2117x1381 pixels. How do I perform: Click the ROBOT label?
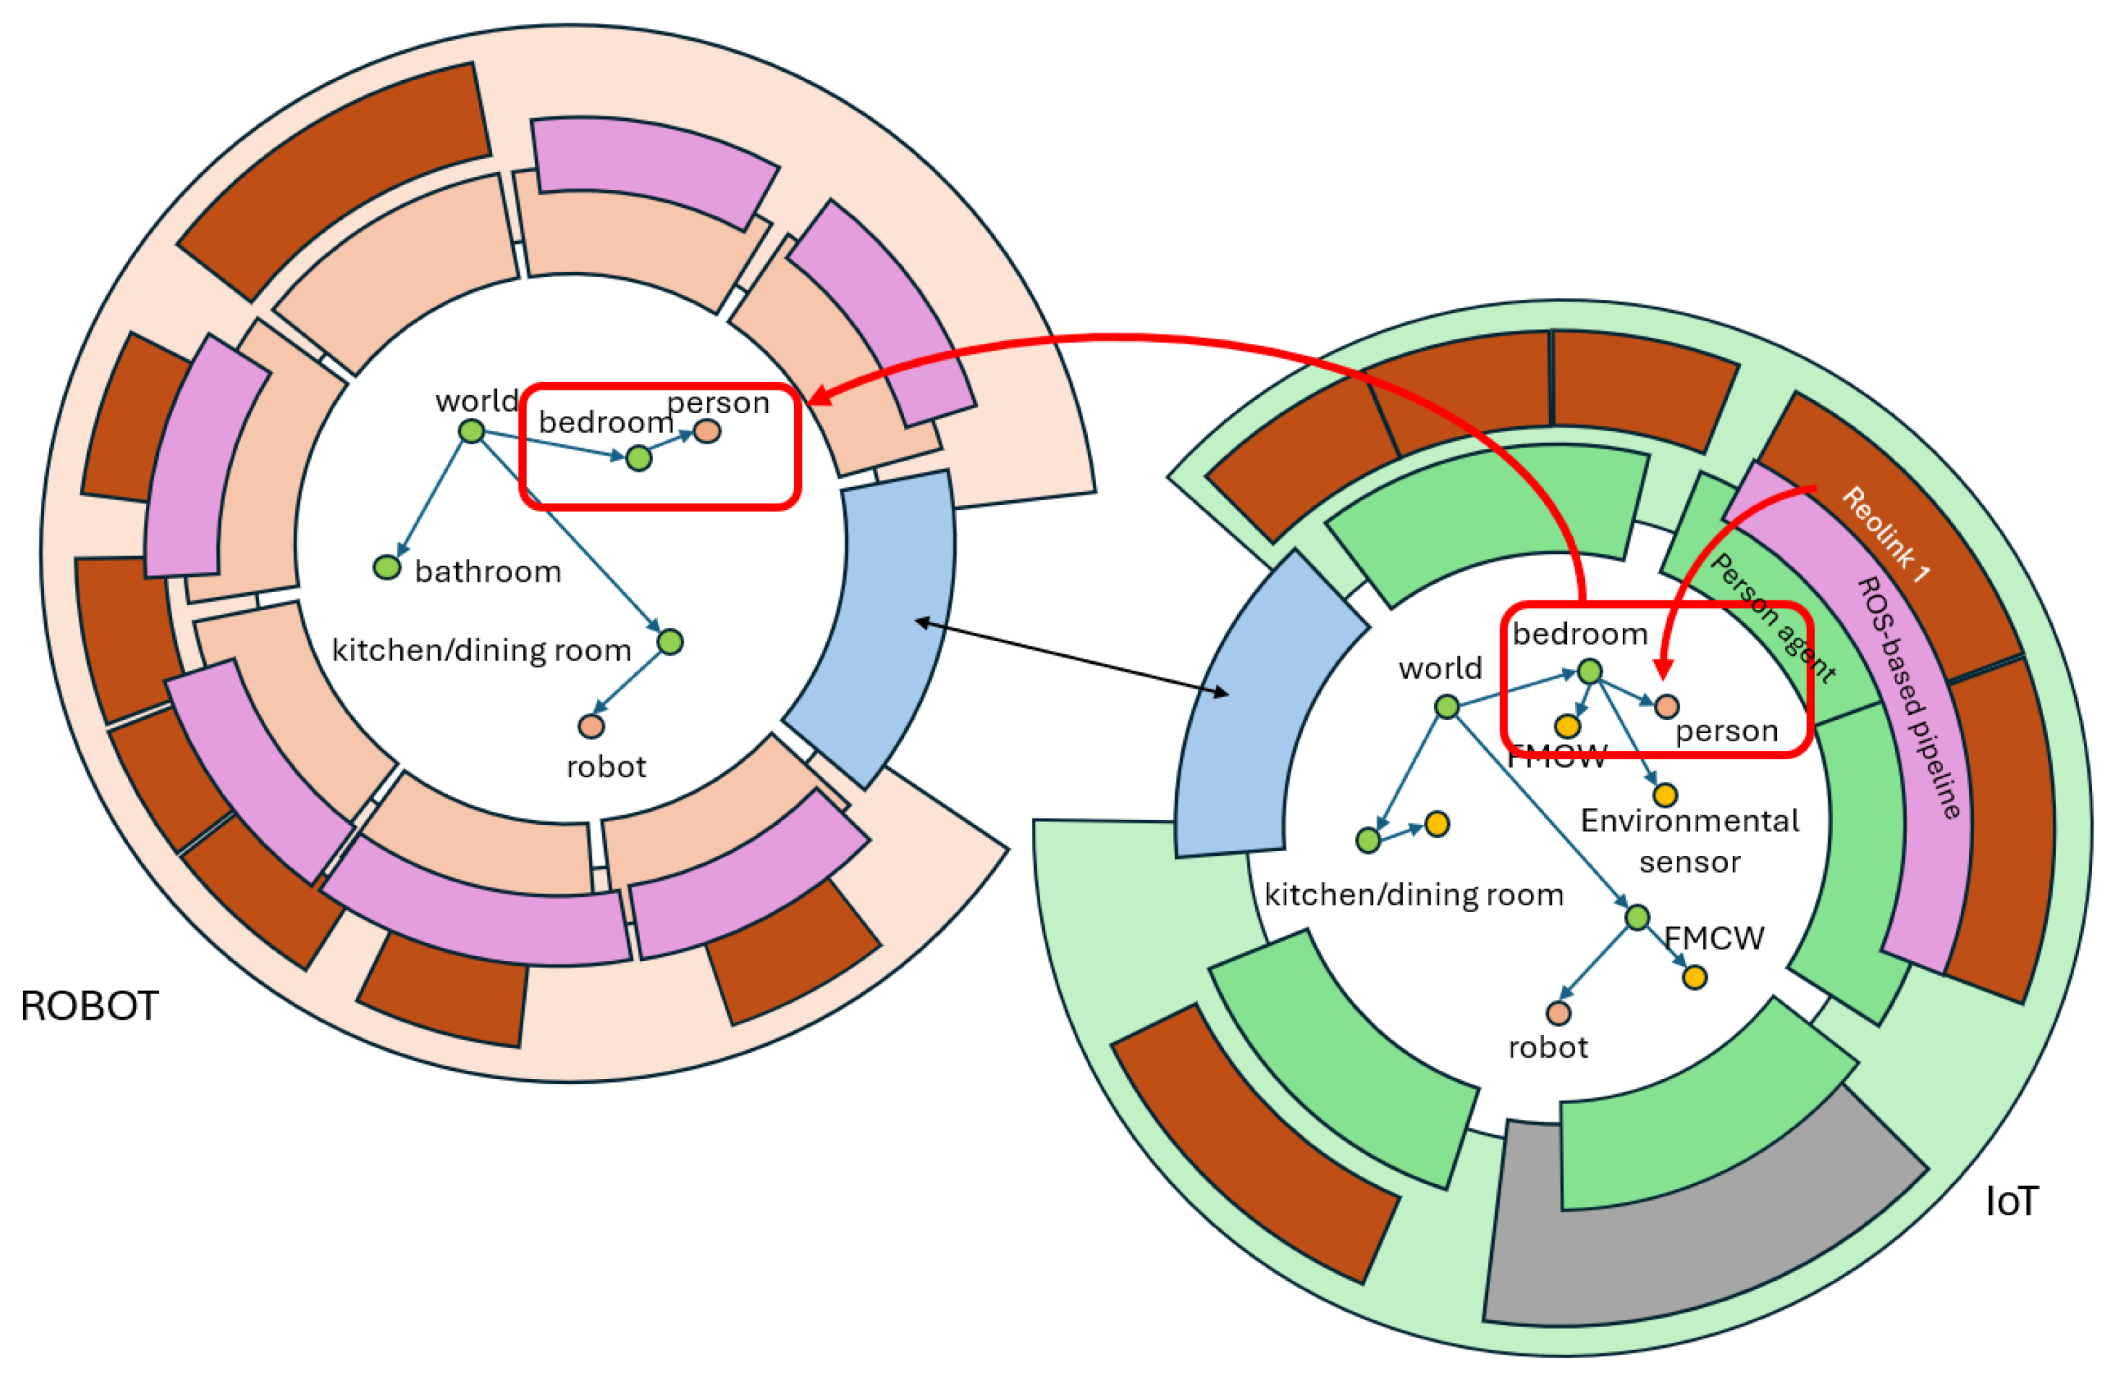(x=89, y=1007)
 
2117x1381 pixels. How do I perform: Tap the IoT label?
(x=2011, y=1202)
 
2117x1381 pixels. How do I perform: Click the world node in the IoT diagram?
(x=1447, y=707)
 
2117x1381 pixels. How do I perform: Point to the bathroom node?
(x=387, y=567)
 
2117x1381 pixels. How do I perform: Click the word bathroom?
(x=487, y=572)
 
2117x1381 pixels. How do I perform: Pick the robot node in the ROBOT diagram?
(x=592, y=727)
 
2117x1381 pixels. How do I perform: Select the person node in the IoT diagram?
(x=1667, y=707)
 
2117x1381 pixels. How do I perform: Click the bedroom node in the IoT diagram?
(x=1590, y=672)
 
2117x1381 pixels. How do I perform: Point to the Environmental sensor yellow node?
(x=1665, y=794)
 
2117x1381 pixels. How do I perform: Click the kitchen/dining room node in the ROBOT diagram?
(x=670, y=641)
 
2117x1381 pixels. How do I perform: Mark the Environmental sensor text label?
(x=1689, y=840)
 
